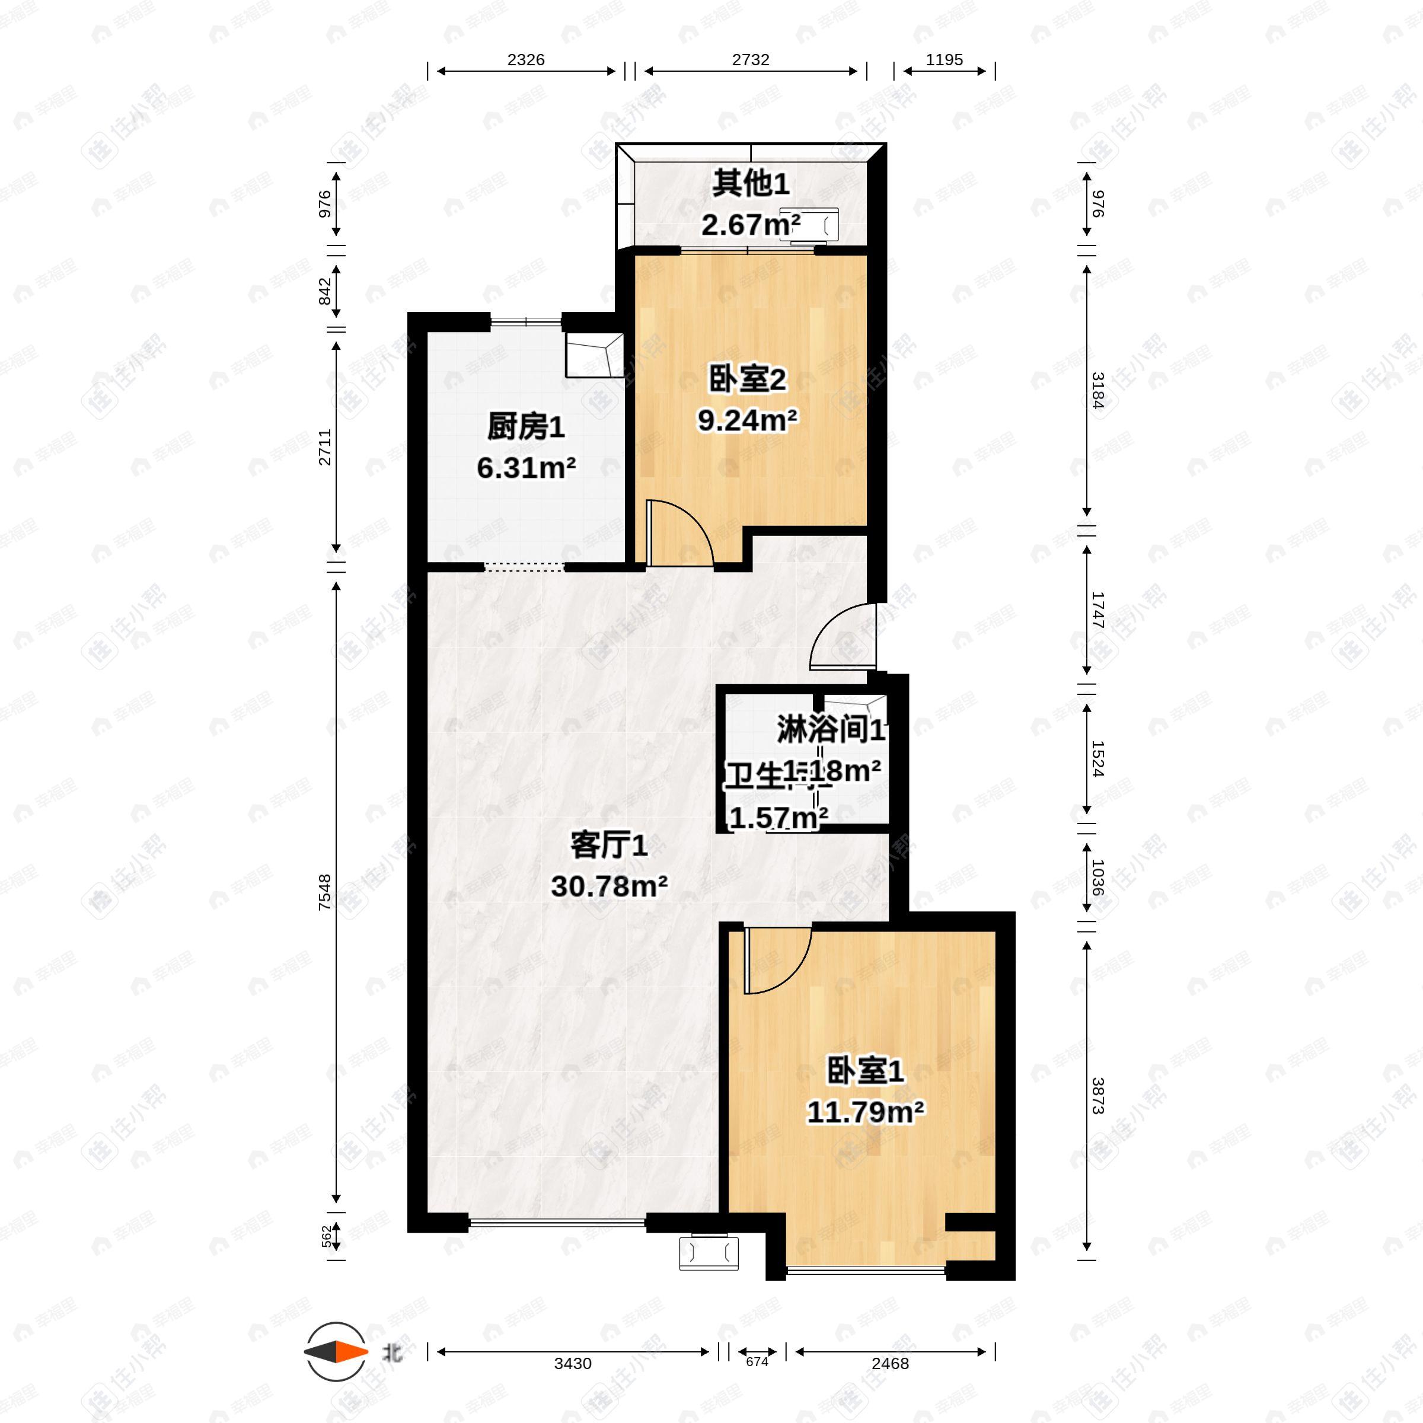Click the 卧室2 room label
click(x=747, y=380)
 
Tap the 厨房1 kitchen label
click(x=525, y=427)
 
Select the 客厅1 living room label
click(x=609, y=845)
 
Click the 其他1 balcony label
click(x=750, y=183)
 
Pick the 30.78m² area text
click(x=609, y=886)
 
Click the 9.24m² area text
click(x=747, y=420)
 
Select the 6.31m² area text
click(x=525, y=468)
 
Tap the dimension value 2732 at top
click(x=750, y=60)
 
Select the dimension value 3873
click(x=1097, y=1095)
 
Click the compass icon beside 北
click(x=336, y=1352)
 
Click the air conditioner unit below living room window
click(x=709, y=1252)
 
